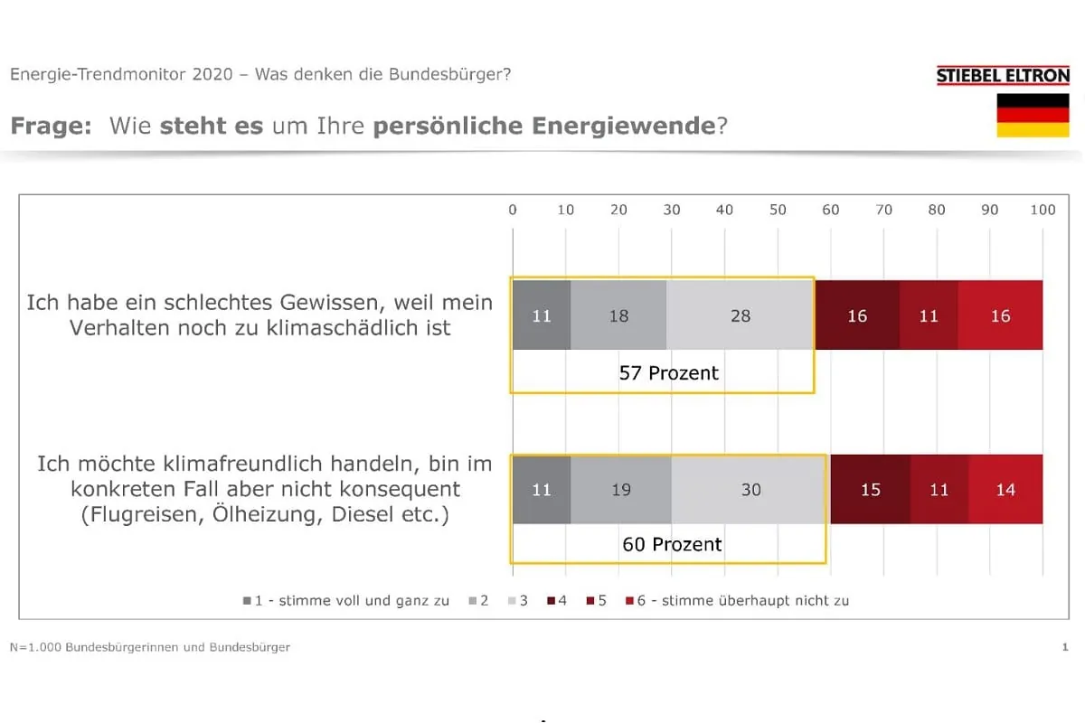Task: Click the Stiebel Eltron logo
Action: [1003, 76]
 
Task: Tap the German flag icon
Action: [1033, 116]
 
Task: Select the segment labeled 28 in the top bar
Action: [741, 315]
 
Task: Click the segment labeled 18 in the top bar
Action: [618, 315]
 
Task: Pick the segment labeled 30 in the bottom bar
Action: [750, 490]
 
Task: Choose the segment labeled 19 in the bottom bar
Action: [621, 490]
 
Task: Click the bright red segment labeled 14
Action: [1005, 490]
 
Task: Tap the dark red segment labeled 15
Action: [870, 490]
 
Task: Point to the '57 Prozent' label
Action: [669, 372]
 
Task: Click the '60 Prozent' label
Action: [672, 544]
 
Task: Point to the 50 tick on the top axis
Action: [778, 210]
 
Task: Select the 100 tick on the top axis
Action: [1043, 210]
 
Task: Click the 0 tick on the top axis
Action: [513, 210]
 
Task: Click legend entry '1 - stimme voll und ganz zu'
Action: [345, 600]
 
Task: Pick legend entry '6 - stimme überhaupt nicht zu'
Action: [737, 600]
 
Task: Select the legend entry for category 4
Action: [556, 600]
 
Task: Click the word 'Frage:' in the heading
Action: [51, 126]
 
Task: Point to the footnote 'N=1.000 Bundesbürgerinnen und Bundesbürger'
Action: [150, 647]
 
